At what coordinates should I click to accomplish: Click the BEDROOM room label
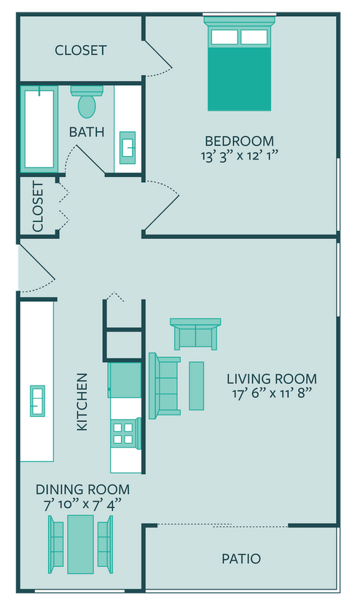pyautogui.click(x=239, y=141)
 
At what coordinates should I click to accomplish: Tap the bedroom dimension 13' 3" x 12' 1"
pyautogui.click(x=239, y=155)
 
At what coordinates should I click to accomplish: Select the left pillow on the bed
pyautogui.click(x=224, y=37)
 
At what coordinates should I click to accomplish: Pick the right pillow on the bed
pyautogui.click(x=254, y=37)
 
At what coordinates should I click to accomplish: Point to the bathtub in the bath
pyautogui.click(x=39, y=128)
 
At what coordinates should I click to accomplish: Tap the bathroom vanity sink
pyautogui.click(x=128, y=148)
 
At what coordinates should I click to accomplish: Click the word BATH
pyautogui.click(x=87, y=133)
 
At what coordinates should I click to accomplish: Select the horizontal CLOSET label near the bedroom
pyautogui.click(x=81, y=50)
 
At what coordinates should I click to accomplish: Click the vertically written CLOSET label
pyautogui.click(x=38, y=205)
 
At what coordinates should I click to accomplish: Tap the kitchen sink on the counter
pyautogui.click(x=37, y=401)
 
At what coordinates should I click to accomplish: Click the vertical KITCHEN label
pyautogui.click(x=82, y=401)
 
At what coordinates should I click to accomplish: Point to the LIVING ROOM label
pyautogui.click(x=271, y=379)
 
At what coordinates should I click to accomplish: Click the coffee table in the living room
pyautogui.click(x=197, y=385)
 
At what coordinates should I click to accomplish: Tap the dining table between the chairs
pyautogui.click(x=80, y=544)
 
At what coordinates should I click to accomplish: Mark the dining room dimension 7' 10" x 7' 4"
pyautogui.click(x=82, y=504)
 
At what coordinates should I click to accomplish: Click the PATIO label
pyautogui.click(x=241, y=559)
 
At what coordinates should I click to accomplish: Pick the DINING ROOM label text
pyautogui.click(x=82, y=490)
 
